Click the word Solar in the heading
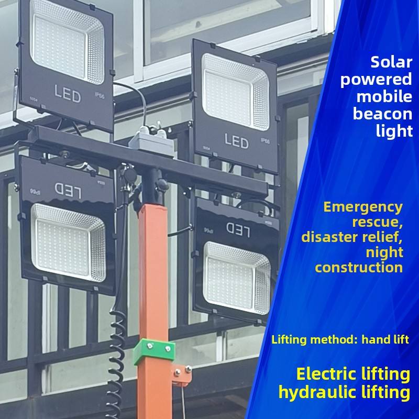click(391, 62)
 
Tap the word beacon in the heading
click(382, 114)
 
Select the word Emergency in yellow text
click(363, 207)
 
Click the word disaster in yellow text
click(330, 237)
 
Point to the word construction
click(359, 267)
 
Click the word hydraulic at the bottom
click(311, 392)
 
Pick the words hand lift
click(385, 339)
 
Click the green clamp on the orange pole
click(153, 351)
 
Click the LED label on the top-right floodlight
click(236, 140)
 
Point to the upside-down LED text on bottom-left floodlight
click(67, 188)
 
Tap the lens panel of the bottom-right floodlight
click(237, 278)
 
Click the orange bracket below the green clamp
click(181, 374)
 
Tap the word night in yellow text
click(385, 252)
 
